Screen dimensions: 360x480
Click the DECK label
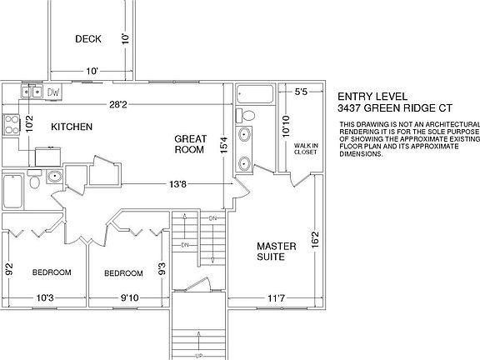pos(88,38)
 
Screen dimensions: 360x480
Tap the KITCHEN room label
pos(71,127)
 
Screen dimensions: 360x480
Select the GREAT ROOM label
pos(191,144)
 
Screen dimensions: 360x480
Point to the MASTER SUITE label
pos(272,252)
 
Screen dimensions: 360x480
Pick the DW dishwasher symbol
pos(53,92)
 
